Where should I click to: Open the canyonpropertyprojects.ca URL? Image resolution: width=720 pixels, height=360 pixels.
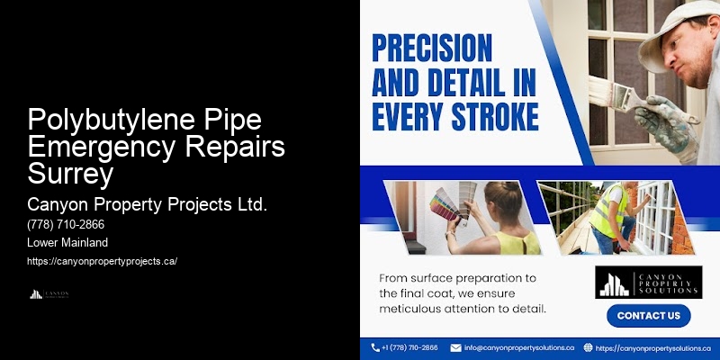click(x=103, y=261)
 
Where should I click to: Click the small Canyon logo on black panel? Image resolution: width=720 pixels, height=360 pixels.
click(x=49, y=294)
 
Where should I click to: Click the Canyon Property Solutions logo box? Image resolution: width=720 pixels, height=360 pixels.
click(x=647, y=282)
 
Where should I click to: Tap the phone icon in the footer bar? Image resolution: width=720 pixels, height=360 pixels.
click(x=374, y=347)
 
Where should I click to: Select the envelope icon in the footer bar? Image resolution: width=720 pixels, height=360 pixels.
click(x=455, y=347)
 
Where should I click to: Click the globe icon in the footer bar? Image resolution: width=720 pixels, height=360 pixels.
click(x=588, y=347)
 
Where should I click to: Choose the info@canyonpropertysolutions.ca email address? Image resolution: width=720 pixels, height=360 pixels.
click(x=519, y=347)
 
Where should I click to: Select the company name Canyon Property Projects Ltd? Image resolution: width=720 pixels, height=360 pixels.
click(x=148, y=204)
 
